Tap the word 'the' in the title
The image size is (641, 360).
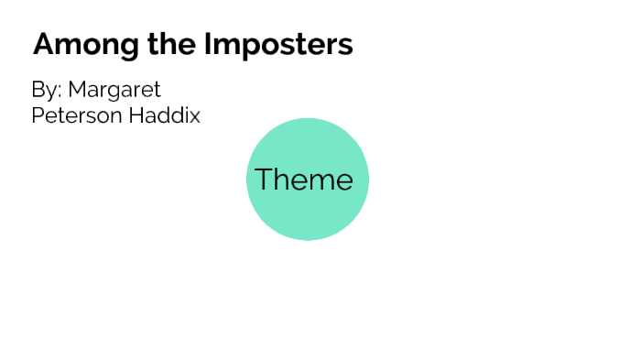pos(152,45)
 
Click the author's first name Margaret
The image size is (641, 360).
pos(114,91)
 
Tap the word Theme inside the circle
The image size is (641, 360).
pos(304,180)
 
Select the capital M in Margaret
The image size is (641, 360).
pos(77,91)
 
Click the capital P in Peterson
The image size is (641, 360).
pos(38,116)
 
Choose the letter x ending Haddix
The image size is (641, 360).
pos(194,118)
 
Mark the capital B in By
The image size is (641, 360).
pos(38,91)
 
